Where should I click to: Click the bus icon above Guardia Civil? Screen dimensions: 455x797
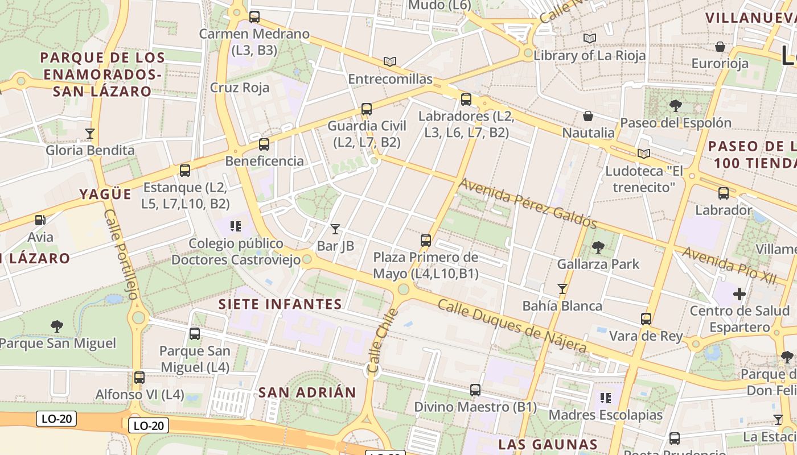pyautogui.click(x=367, y=109)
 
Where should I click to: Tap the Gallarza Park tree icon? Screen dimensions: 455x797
pyautogui.click(x=598, y=247)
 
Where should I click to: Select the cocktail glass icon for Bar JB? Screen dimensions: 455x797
pyautogui.click(x=335, y=229)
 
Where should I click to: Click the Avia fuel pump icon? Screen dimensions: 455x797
pyautogui.click(x=40, y=220)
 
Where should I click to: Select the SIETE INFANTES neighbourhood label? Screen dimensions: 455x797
pyautogui.click(x=281, y=304)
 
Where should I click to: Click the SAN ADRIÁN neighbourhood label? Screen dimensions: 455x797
pyautogui.click(x=307, y=392)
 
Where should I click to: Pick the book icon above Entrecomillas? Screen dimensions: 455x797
pyautogui.click(x=390, y=61)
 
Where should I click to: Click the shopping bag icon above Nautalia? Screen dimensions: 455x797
pyautogui.click(x=588, y=116)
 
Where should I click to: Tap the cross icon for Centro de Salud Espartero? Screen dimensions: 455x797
pyautogui.click(x=740, y=294)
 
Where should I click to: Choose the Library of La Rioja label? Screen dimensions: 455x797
pyautogui.click(x=590, y=55)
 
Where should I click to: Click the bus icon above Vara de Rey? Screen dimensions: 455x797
pyautogui.click(x=646, y=319)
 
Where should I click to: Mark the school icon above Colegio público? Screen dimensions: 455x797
pyautogui.click(x=236, y=226)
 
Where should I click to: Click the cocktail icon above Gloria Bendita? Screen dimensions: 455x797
pyautogui.click(x=90, y=134)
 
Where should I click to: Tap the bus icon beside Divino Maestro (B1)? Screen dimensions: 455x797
pyautogui.click(x=475, y=390)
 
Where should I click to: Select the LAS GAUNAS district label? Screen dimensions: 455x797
pyautogui.click(x=548, y=444)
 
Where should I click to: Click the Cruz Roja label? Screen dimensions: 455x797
pyautogui.click(x=240, y=88)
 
